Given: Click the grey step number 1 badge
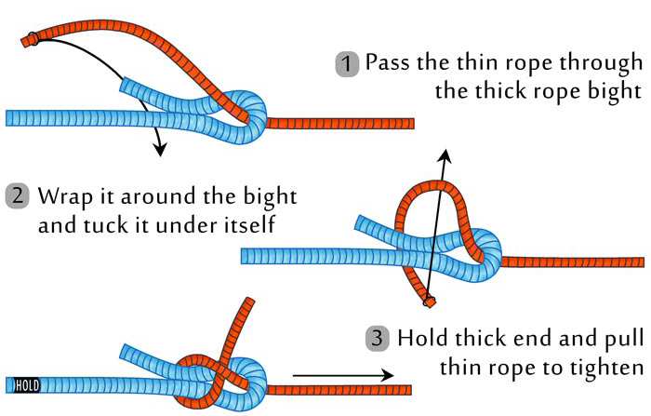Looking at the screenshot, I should pos(347,64).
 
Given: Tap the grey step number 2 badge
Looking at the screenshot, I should pos(18,197).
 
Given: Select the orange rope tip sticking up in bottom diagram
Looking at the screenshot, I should pos(248,303).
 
